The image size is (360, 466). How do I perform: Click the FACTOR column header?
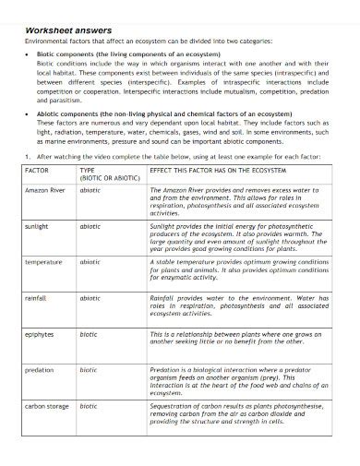pos(36,172)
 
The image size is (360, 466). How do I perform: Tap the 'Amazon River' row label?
pos(43,188)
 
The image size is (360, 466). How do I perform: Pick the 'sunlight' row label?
pos(37,224)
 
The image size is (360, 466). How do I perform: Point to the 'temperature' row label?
pos(42,261)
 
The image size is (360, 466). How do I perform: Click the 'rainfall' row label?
pos(36,298)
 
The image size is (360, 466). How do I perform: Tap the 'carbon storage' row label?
pos(45,405)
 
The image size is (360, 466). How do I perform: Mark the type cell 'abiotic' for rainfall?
pos(90,298)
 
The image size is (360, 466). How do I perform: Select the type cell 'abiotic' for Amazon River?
pos(90,188)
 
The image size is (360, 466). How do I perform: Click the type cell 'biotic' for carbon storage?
pos(88,405)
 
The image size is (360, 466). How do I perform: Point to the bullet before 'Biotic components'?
pos(28,54)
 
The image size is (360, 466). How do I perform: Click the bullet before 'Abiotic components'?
pos(28,112)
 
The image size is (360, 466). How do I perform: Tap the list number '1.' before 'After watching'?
pos(28,157)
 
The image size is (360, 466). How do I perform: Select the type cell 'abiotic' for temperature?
pos(90,261)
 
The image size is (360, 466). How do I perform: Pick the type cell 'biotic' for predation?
pos(88,369)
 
